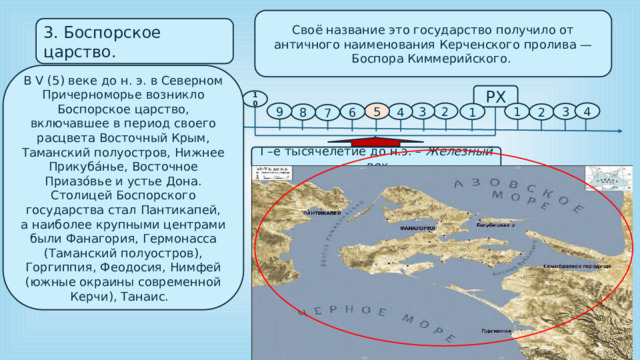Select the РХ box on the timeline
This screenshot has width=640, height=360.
coord(494,96)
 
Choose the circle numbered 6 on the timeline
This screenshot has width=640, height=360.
coord(351,113)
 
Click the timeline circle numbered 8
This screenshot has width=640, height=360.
coord(302,113)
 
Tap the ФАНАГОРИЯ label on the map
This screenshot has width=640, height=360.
coord(414,229)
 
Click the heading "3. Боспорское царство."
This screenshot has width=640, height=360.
coord(110,40)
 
